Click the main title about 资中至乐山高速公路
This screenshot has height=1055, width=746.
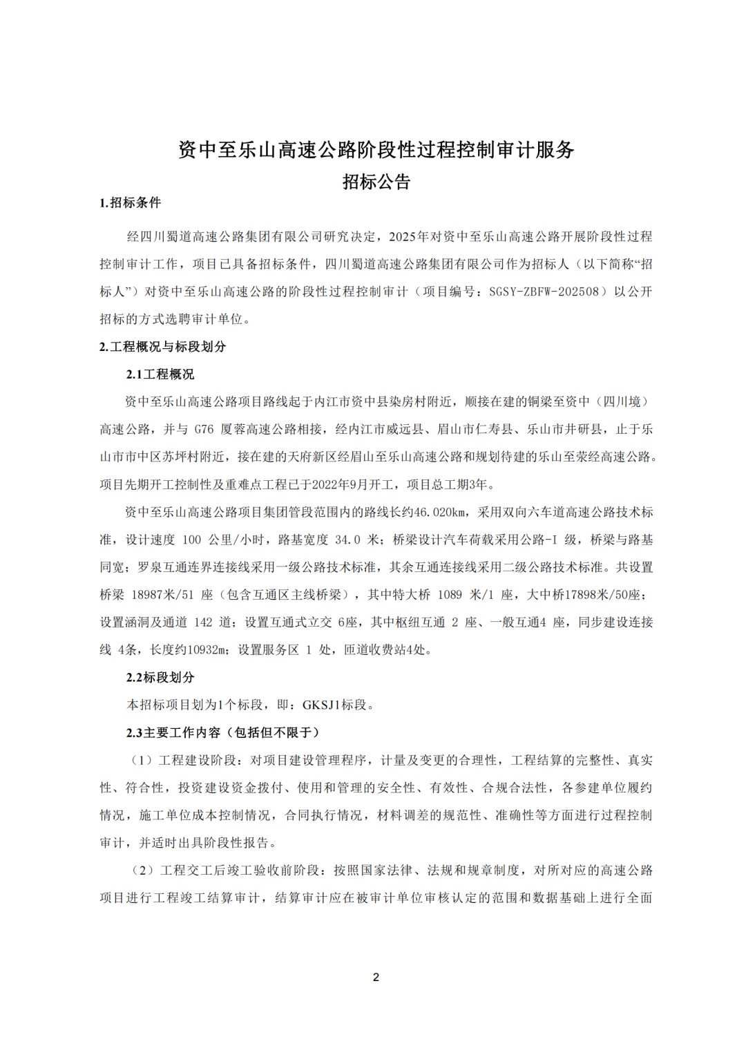[x=376, y=149]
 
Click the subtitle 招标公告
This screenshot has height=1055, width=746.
[x=376, y=182]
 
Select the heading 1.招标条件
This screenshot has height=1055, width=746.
[x=131, y=202]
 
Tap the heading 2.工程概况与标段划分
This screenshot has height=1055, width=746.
[x=163, y=346]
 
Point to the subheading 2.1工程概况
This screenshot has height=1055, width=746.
[x=160, y=374]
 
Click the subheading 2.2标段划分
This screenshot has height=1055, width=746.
[x=160, y=677]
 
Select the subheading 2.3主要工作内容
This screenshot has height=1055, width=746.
[x=222, y=732]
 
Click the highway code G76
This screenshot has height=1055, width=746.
[x=204, y=429]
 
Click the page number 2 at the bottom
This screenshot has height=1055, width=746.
[x=376, y=977]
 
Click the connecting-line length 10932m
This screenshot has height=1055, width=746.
[x=208, y=649]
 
